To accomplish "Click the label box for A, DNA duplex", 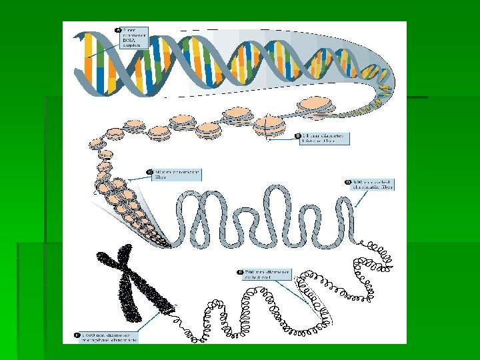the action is pyautogui.click(x=133, y=37).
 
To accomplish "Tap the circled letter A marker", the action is pyautogui.click(x=119, y=30).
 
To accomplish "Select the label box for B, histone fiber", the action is pyautogui.click(x=323, y=139).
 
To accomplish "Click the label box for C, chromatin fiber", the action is pyautogui.click(x=175, y=175).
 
